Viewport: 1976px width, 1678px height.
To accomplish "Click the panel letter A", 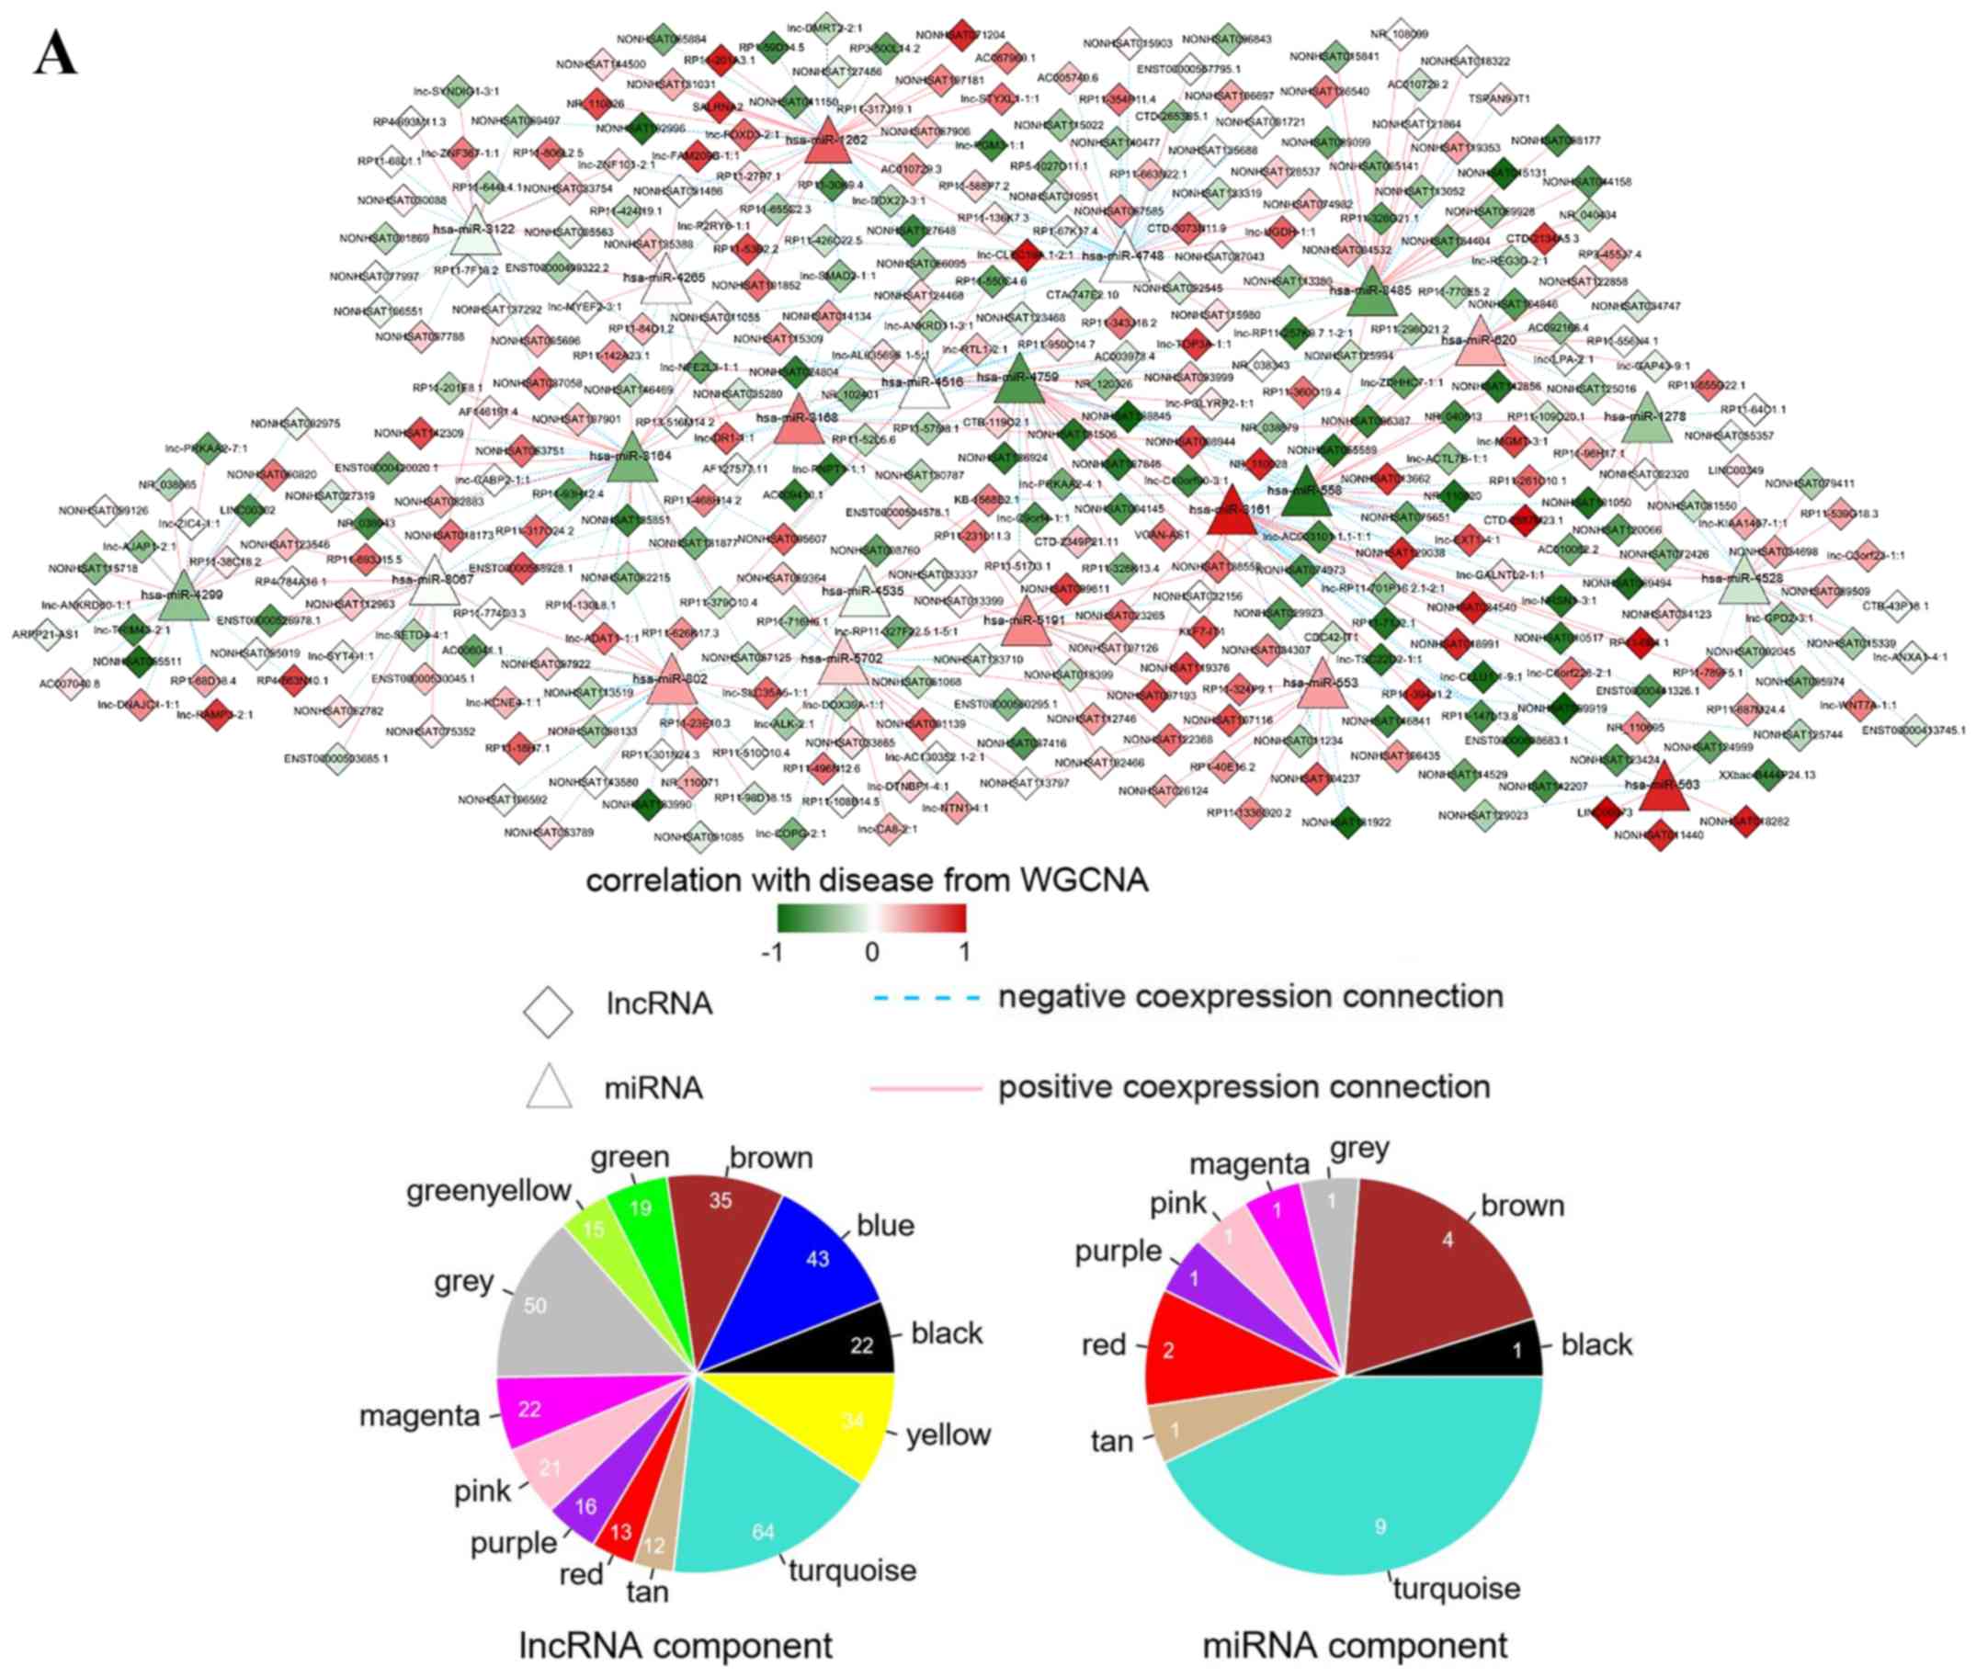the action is pos(55,56).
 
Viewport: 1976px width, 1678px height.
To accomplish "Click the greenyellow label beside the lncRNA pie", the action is pos(488,1191).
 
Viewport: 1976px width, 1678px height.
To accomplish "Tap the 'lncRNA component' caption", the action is pos(675,1645).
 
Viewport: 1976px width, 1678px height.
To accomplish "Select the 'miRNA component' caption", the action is pos(1354,1645).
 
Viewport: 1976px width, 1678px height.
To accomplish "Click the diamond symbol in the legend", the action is pos(548,1011).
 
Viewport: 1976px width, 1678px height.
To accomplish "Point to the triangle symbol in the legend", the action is pos(550,1087).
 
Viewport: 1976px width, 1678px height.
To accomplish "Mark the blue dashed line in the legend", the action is pos(926,998).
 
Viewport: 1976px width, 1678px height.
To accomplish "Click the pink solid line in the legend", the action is pos(926,1087).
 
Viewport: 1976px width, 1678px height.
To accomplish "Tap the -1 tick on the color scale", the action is pos(773,952).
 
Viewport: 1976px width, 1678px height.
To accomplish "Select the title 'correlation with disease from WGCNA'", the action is pos(867,881).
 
